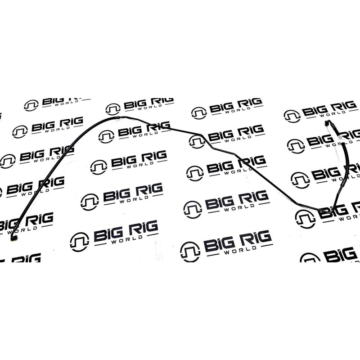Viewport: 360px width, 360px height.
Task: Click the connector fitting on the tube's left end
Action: [x=13, y=238]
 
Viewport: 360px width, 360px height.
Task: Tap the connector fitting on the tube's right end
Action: [x=327, y=123]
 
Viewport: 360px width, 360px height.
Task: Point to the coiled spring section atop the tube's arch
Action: [x=117, y=118]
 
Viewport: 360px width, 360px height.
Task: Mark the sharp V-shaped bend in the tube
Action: [x=332, y=211]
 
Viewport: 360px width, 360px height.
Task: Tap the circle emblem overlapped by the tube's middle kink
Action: [x=197, y=142]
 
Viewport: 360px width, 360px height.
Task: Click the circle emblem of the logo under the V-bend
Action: [x=306, y=219]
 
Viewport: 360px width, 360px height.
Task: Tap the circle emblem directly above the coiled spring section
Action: [x=113, y=109]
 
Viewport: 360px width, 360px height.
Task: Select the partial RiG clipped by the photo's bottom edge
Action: [x=26, y=258]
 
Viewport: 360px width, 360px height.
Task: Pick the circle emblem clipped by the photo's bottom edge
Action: [x=310, y=257]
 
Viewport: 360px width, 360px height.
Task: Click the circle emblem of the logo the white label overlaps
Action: [x=296, y=146]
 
